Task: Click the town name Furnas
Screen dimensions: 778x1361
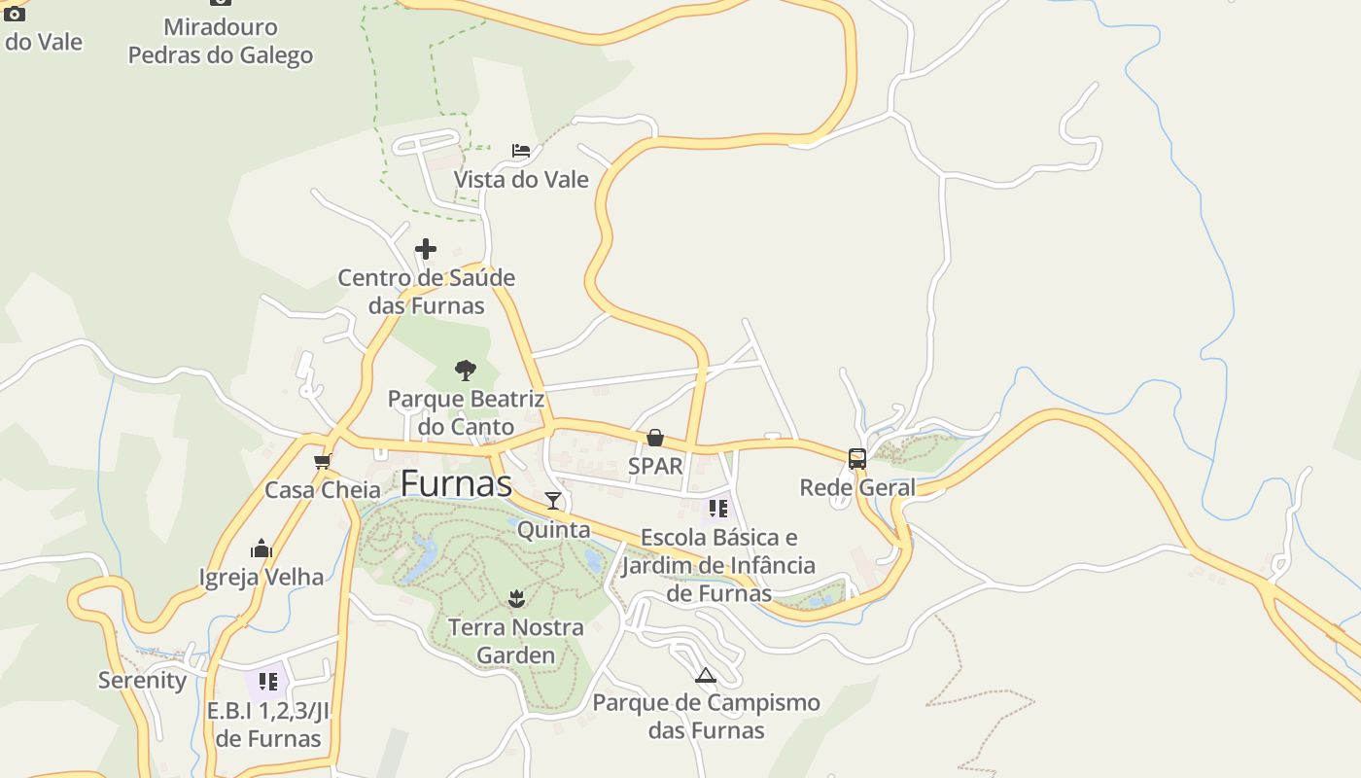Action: pos(456,483)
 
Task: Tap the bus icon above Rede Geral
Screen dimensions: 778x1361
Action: pos(856,459)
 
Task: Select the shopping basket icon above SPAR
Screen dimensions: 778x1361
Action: pos(655,439)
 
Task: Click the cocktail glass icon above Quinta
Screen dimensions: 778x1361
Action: pos(553,501)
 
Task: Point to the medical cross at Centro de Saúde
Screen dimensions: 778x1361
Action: pos(426,250)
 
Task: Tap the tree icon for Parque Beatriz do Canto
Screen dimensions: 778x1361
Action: pos(466,370)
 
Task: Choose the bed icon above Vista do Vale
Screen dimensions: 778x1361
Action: pos(521,151)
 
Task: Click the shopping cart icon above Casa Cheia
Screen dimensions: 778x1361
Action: pos(323,461)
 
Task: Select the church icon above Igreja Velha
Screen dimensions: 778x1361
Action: pos(262,549)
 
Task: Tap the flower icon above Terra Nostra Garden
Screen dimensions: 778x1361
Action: pos(516,599)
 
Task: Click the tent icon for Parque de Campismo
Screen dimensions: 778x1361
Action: pos(706,675)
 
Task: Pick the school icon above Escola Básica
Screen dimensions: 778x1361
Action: pos(718,509)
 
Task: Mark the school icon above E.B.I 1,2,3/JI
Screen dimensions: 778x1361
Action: pos(268,682)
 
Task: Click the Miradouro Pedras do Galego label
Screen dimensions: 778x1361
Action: pos(221,41)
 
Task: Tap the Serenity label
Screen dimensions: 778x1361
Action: pos(142,680)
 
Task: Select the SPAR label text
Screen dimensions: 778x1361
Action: pos(655,466)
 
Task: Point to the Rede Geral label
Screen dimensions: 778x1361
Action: pos(857,487)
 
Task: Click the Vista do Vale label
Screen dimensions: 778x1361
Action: pos(521,180)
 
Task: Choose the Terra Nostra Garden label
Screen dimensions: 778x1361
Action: pos(516,641)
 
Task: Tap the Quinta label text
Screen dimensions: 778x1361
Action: pos(553,530)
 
